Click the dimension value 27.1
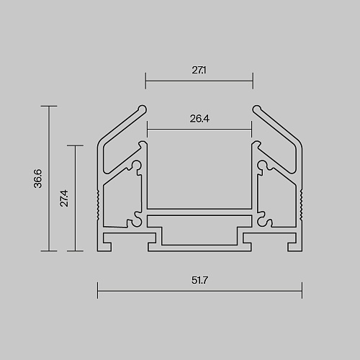coord(199,70)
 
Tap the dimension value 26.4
coord(199,119)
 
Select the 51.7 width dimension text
coord(199,280)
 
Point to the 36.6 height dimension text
coord(38,179)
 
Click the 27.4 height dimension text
coord(64,198)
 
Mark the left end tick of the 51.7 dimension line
coord(98,291)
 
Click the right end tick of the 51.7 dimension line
coord(302,291)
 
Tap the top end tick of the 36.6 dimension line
coord(49,106)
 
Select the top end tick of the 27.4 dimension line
coord(75,145)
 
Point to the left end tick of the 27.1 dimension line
coord(145,81)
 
